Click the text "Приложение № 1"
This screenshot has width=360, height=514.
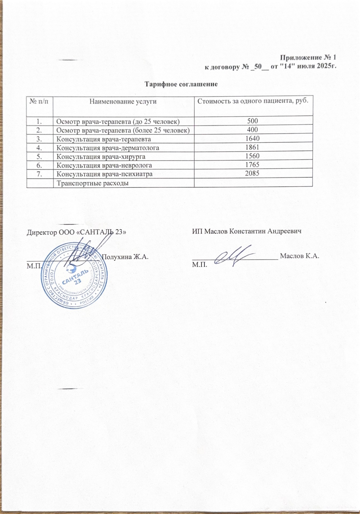tap(308, 58)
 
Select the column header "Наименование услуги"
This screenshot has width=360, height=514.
tap(123, 101)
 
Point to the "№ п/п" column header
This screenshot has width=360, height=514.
tap(40, 101)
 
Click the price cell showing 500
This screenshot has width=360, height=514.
tap(252, 121)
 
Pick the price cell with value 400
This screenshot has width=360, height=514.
tap(252, 130)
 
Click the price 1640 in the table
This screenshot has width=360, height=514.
tap(252, 139)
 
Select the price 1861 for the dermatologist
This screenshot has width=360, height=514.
tap(252, 147)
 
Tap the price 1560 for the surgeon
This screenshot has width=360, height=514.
tap(252, 156)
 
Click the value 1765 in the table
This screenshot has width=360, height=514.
tap(252, 165)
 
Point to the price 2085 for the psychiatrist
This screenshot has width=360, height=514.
tap(252, 173)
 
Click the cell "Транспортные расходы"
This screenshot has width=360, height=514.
tap(92, 183)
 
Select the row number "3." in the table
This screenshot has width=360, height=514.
tap(40, 139)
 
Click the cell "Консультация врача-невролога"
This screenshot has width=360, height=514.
tap(104, 165)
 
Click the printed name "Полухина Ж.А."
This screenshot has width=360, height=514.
tap(125, 257)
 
